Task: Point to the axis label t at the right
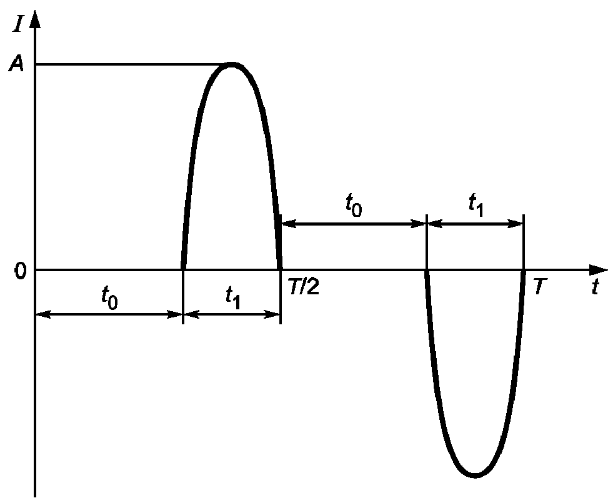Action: click(597, 287)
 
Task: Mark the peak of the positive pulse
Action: click(232, 64)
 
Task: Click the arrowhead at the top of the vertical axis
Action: click(35, 17)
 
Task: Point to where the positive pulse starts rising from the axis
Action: click(183, 269)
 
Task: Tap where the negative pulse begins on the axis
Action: click(426, 270)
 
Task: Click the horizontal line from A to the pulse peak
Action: click(125, 64)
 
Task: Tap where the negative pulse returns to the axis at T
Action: click(523, 270)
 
